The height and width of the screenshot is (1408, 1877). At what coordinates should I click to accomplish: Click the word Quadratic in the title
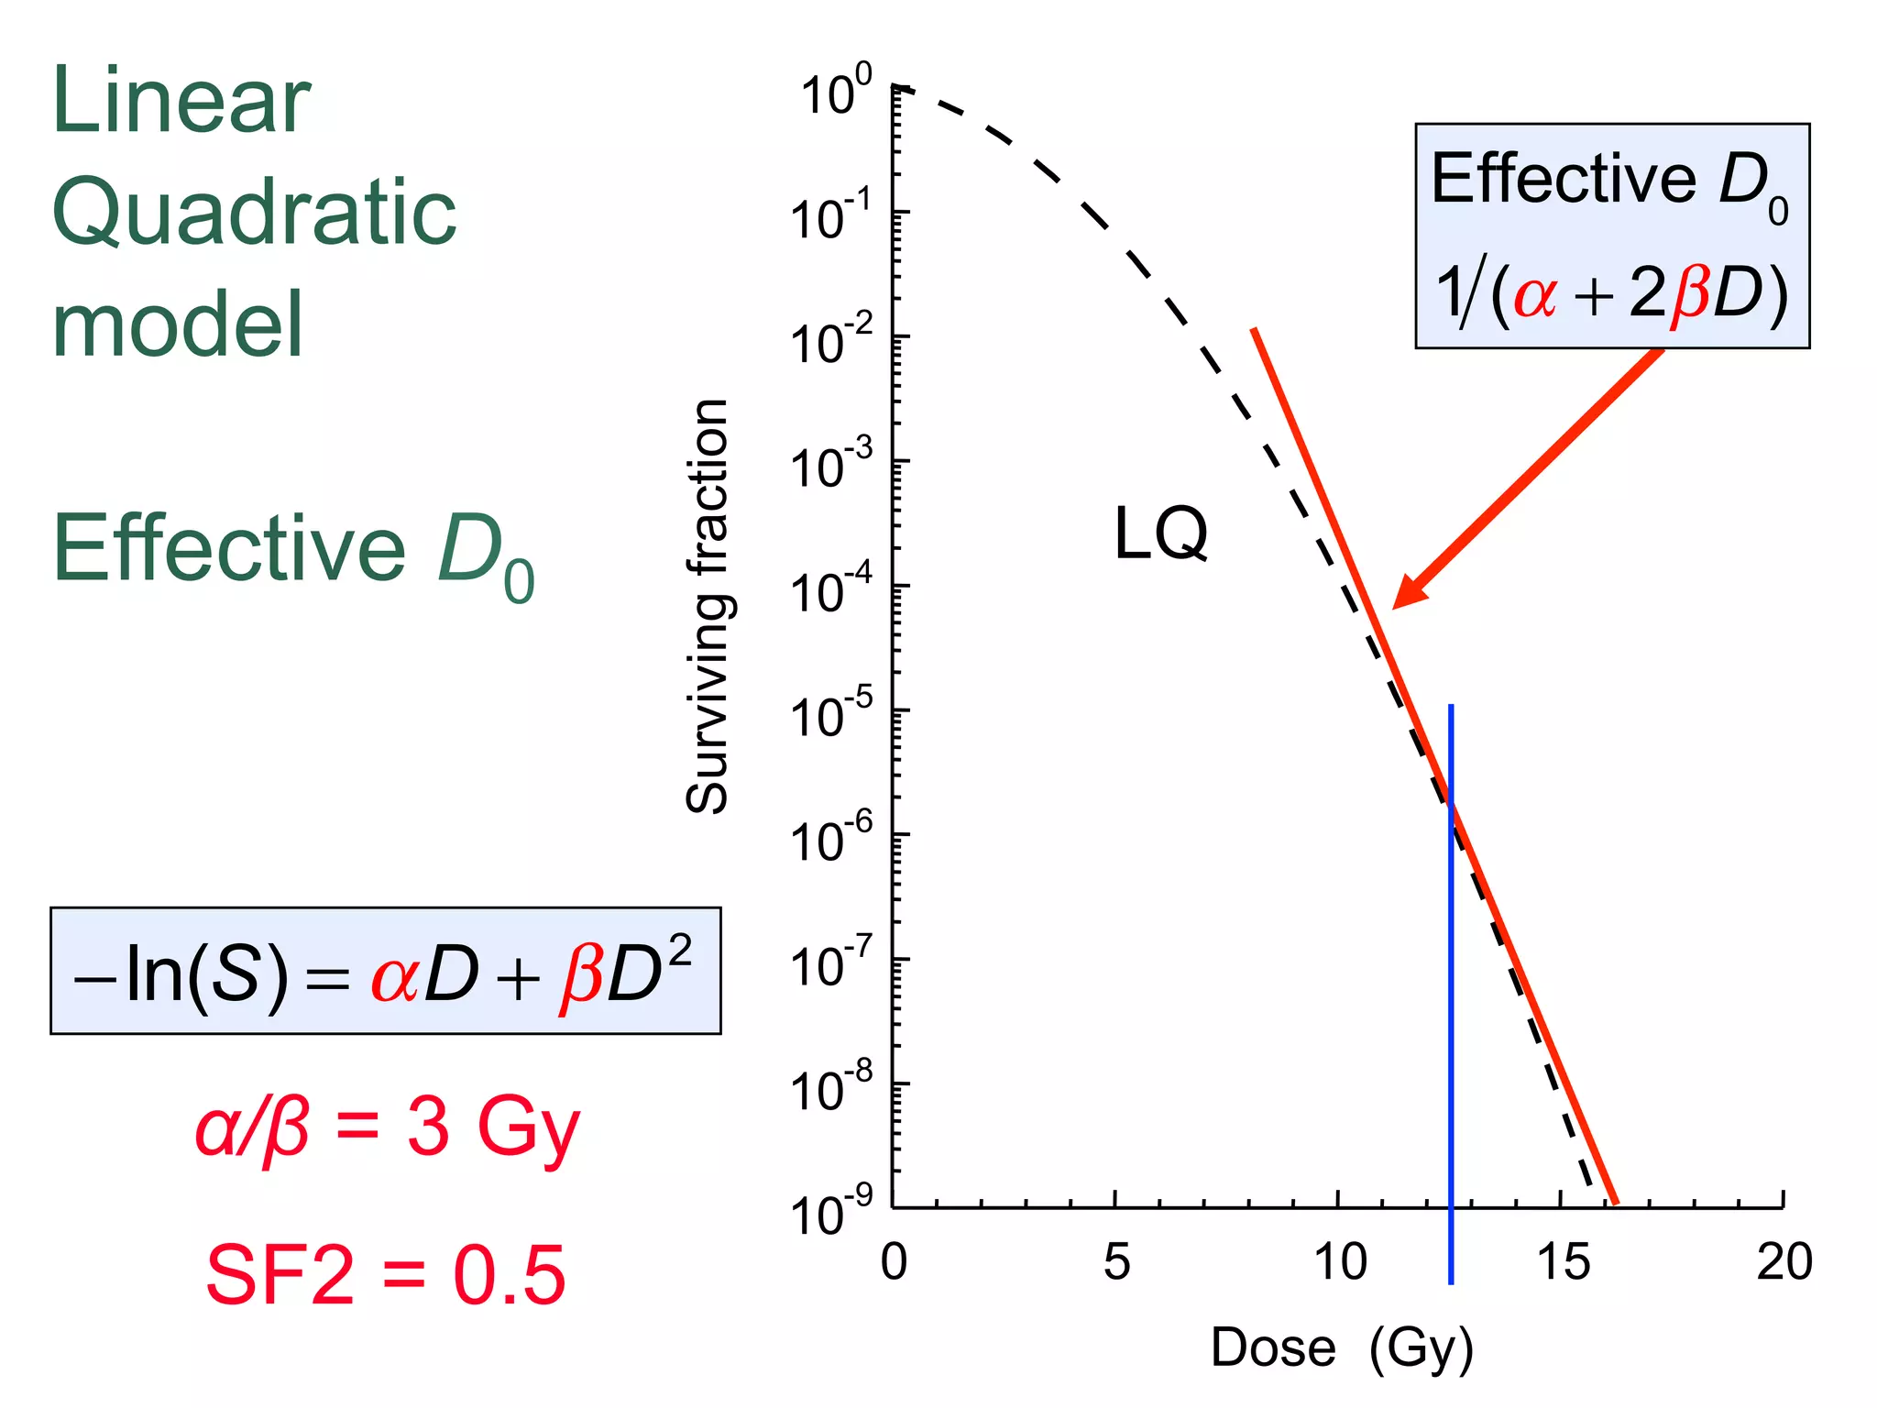coord(254,213)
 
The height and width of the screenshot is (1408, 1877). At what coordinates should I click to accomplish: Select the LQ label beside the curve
coord(1160,533)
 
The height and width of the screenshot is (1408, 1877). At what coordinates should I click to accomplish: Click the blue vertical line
coord(1451,1008)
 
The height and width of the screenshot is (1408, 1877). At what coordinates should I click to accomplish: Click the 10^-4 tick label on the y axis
coord(830,591)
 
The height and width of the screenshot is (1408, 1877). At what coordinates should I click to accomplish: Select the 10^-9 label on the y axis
coord(830,1214)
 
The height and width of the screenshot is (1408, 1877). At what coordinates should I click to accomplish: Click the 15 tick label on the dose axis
coord(1563,1262)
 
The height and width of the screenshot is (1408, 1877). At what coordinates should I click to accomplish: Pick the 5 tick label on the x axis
coord(1116,1262)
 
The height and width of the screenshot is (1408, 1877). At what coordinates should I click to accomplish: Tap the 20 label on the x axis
coord(1784,1262)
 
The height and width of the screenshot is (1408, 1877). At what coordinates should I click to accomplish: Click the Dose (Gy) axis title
coord(1341,1347)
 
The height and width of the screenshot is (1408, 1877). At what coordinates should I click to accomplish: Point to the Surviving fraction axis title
coord(708,606)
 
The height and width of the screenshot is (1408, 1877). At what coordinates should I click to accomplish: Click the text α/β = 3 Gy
coord(387,1127)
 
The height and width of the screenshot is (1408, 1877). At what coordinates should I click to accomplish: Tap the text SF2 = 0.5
coord(385,1275)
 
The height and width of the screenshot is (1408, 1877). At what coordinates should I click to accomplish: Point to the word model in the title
coord(177,324)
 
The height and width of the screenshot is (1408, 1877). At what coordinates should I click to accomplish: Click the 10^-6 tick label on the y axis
coord(830,840)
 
